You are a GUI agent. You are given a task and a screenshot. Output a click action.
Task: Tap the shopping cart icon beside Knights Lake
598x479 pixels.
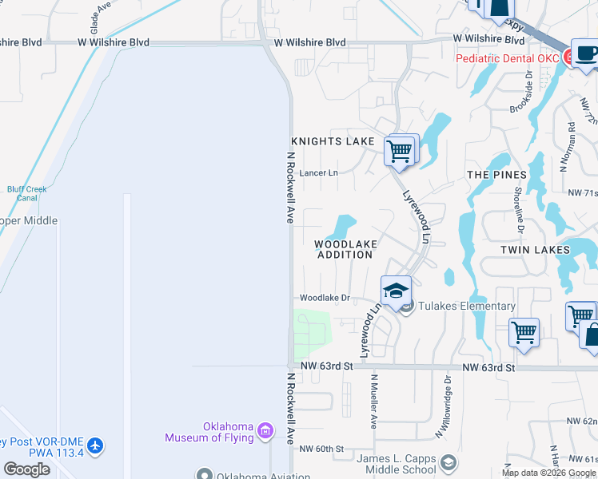click(x=400, y=150)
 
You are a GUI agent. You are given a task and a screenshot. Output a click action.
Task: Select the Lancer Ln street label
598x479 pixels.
click(x=318, y=172)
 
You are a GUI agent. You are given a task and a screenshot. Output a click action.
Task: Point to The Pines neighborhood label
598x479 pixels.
click(x=496, y=175)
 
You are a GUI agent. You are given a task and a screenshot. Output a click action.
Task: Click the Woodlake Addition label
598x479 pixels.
click(x=345, y=249)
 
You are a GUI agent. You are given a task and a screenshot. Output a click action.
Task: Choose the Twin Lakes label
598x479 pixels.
click(x=535, y=250)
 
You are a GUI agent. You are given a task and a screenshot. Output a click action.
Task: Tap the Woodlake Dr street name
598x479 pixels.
click(x=325, y=298)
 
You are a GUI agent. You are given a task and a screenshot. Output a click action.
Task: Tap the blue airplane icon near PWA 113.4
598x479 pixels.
click(x=96, y=445)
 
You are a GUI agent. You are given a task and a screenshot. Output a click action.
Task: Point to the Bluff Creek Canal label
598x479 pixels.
click(x=27, y=193)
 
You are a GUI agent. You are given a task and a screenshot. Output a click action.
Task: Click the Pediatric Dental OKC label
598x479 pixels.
click(x=507, y=58)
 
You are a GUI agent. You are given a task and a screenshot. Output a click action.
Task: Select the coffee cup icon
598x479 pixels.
click(x=586, y=53)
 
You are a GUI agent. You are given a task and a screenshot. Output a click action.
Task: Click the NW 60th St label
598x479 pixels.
click(x=321, y=449)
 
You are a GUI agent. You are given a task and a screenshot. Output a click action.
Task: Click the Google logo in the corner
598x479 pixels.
click(x=27, y=469)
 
